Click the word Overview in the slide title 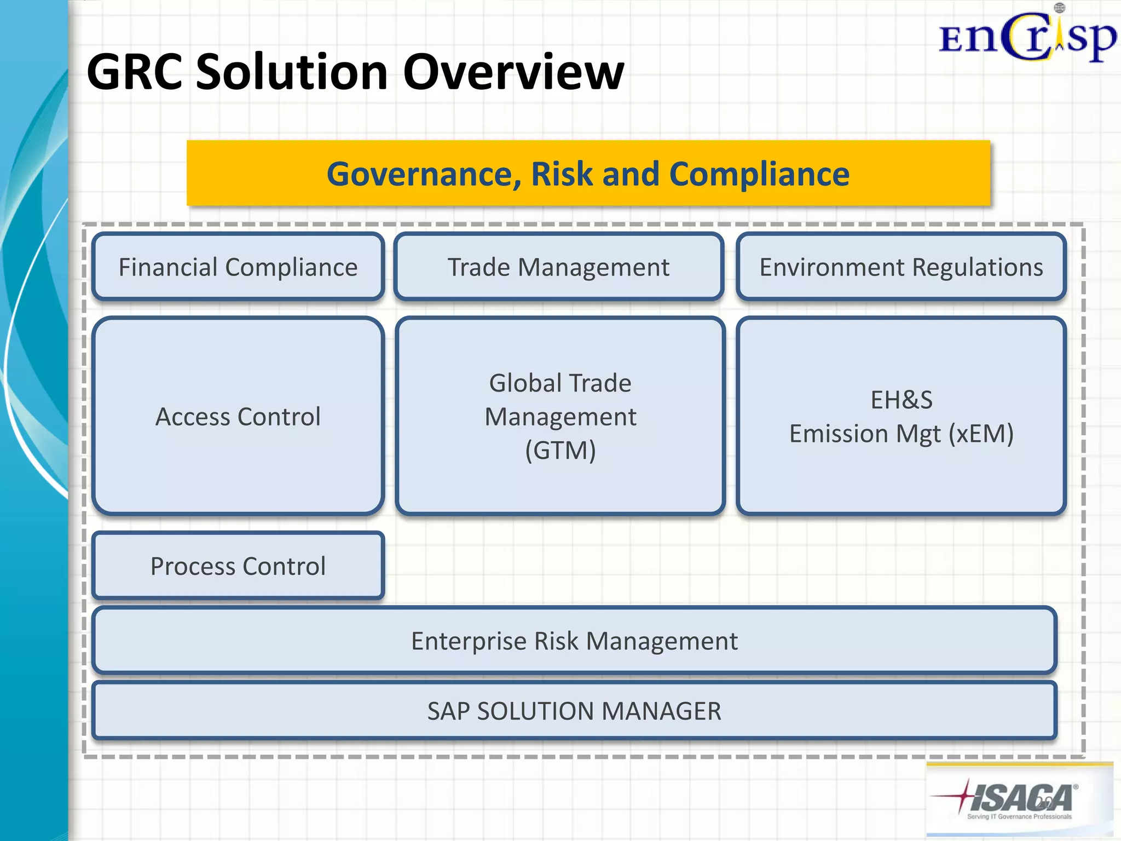click(x=513, y=72)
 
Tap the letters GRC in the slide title click(x=134, y=72)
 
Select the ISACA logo click(x=1019, y=799)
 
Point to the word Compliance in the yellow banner click(x=759, y=174)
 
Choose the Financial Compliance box click(x=238, y=267)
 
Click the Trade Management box click(x=558, y=267)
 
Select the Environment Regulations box click(x=901, y=267)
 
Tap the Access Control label click(x=238, y=417)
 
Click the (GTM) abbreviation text click(x=560, y=451)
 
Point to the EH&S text click(x=901, y=400)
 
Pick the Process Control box click(x=238, y=566)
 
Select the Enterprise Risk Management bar click(x=574, y=641)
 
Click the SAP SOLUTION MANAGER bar click(x=574, y=711)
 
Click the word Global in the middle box click(x=522, y=383)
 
